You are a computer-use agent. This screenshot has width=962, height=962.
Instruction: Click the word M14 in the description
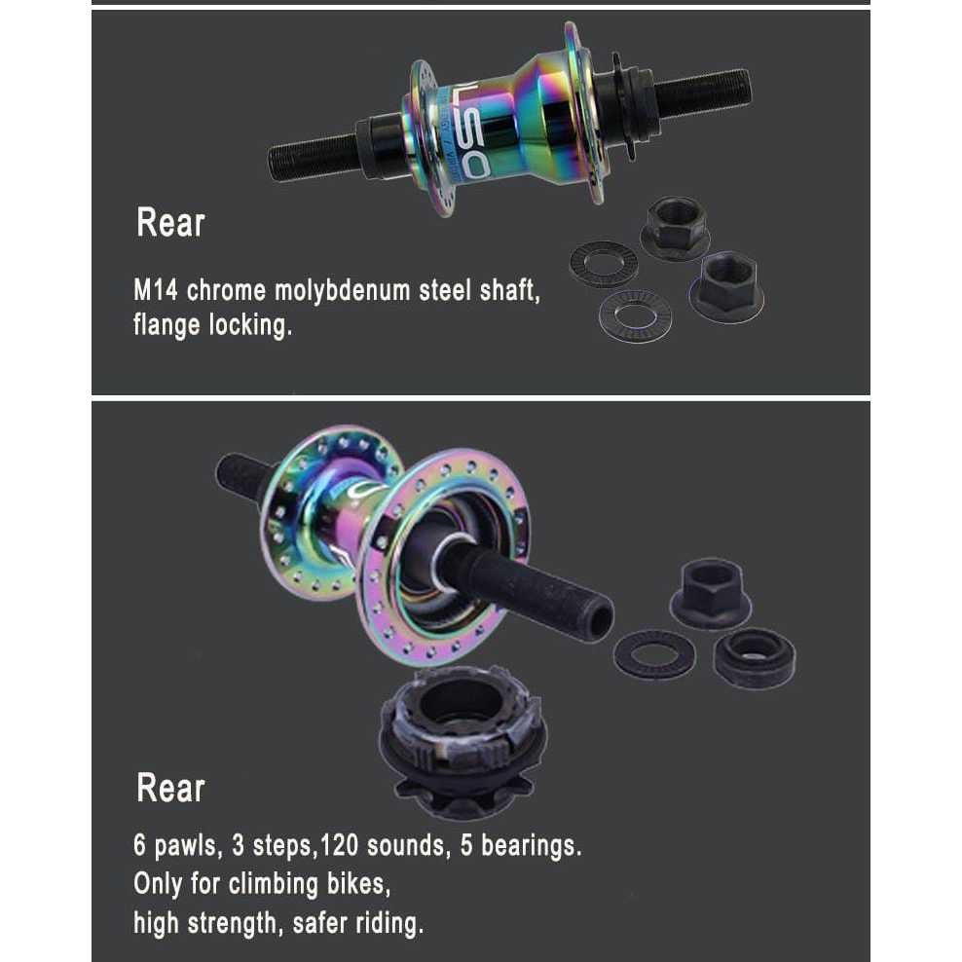click(x=156, y=291)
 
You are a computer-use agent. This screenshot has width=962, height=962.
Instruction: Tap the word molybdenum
click(x=321, y=291)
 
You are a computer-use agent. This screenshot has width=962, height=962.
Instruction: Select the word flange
click(x=166, y=325)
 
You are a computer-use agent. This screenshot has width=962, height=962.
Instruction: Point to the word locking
click(x=251, y=325)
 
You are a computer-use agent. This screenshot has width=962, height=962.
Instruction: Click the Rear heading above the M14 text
click(x=170, y=223)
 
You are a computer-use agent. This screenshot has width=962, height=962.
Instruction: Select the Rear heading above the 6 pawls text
click(x=170, y=788)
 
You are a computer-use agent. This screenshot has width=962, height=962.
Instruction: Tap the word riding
click(x=389, y=922)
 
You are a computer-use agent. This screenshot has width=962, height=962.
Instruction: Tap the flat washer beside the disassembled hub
click(x=653, y=654)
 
